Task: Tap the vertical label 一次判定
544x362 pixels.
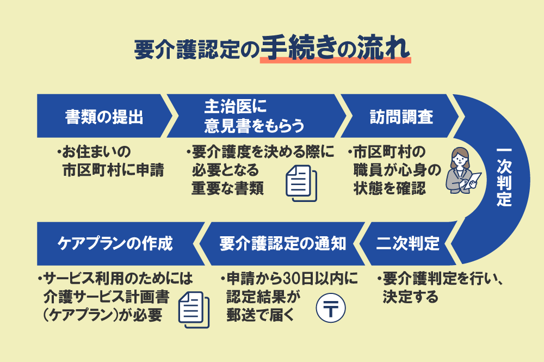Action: coord(504,177)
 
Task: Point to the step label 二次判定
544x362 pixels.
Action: coord(408,243)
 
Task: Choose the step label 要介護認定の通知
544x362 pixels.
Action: coord(283,243)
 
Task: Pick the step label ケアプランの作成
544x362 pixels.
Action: coord(115,243)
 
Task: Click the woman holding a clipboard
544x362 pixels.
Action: coord(459,170)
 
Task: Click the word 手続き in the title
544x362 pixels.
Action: coord(296,48)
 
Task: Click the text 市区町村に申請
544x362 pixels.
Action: coord(114,170)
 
